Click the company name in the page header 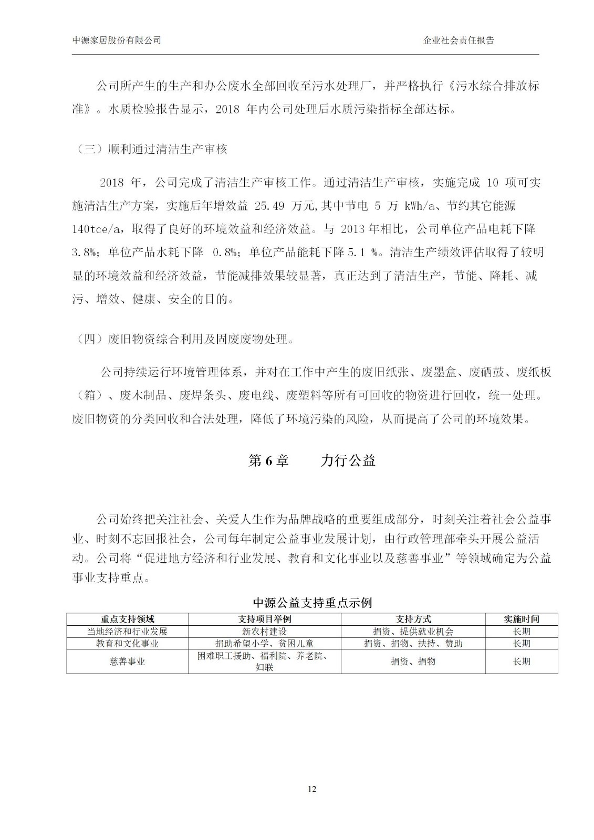point(116,40)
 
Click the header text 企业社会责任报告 point(458,40)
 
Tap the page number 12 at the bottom point(312,789)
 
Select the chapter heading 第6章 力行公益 point(311,461)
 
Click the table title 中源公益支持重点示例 point(312,602)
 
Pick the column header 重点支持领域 point(128,619)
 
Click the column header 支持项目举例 point(264,619)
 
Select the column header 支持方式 point(413,619)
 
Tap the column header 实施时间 point(521,619)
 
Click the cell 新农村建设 point(264,632)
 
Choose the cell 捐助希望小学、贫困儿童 point(264,644)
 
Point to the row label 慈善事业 point(128,661)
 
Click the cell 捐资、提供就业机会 point(413,632)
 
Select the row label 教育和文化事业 point(128,644)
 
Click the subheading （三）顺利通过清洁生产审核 point(150,149)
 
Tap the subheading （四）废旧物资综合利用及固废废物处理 point(183,339)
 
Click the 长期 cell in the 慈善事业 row point(521,661)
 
